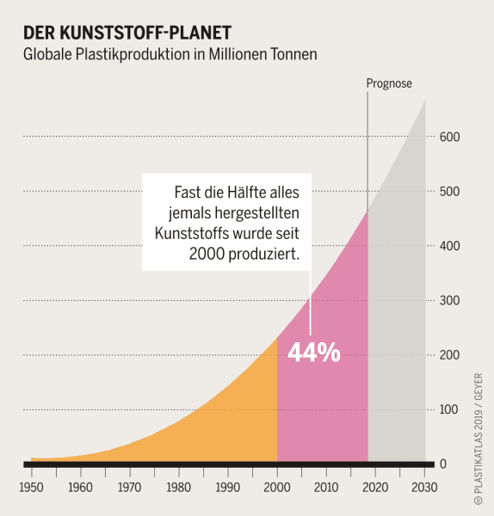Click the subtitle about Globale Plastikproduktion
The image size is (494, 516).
pyautogui.click(x=170, y=54)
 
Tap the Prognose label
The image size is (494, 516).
pyautogui.click(x=389, y=83)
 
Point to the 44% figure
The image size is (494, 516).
pyautogui.click(x=313, y=353)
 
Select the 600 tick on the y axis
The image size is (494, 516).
pyautogui.click(x=450, y=137)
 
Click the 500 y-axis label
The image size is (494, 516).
pyautogui.click(x=450, y=191)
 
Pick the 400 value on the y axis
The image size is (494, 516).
pyautogui.click(x=450, y=246)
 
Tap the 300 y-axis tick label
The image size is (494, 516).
pyautogui.click(x=450, y=300)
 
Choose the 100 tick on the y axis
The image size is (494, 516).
pyautogui.click(x=450, y=409)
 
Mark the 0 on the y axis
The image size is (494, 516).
pyautogui.click(x=443, y=464)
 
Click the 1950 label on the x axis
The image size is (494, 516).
pyautogui.click(x=32, y=488)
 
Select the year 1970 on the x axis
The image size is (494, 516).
pyautogui.click(x=130, y=488)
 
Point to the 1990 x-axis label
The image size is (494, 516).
pyautogui.click(x=228, y=488)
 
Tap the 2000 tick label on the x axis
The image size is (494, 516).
pyautogui.click(x=277, y=488)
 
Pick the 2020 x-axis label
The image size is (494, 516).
pyautogui.click(x=375, y=488)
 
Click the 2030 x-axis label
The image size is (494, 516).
pyautogui.click(x=424, y=488)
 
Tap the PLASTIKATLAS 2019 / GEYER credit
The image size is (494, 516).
pyautogui.click(x=479, y=439)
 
